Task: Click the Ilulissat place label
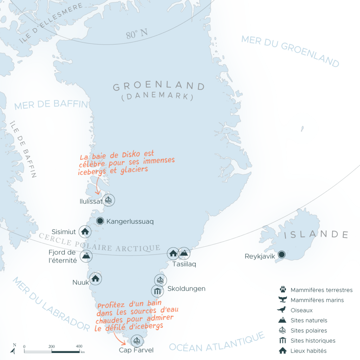point(91,201)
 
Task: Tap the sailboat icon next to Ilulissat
point(109,200)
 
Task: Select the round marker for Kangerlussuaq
point(100,221)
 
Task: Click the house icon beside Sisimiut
point(85,231)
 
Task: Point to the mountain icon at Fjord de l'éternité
point(85,256)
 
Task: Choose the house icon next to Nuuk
point(95,279)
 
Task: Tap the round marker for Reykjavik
point(282,255)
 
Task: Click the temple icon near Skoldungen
point(157,291)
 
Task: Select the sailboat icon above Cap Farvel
point(136,341)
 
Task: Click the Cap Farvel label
point(136,350)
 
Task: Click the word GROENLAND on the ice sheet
point(159,86)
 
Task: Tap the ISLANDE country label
point(316,234)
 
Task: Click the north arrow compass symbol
point(13,349)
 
